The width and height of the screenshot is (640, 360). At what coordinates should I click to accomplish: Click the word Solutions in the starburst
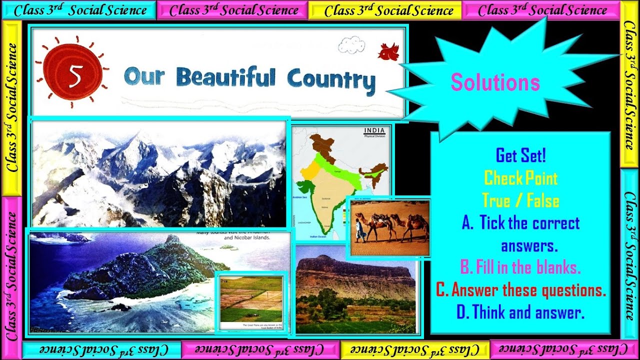point(495,82)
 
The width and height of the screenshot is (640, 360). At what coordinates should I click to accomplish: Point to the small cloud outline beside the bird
point(351,45)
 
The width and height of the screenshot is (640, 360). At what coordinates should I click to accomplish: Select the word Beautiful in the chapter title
point(225,77)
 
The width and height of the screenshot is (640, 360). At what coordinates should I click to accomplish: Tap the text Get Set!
point(520,155)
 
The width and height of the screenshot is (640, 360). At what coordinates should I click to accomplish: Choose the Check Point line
point(520,178)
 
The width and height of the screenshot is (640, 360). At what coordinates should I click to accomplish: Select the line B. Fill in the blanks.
point(520,268)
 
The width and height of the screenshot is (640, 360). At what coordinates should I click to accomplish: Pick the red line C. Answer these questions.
point(520,290)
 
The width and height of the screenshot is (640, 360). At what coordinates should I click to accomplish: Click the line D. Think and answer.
point(520,313)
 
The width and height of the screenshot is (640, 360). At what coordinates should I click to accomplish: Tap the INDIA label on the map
point(375,131)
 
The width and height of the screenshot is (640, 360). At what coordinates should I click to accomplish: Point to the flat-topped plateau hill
point(355,272)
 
